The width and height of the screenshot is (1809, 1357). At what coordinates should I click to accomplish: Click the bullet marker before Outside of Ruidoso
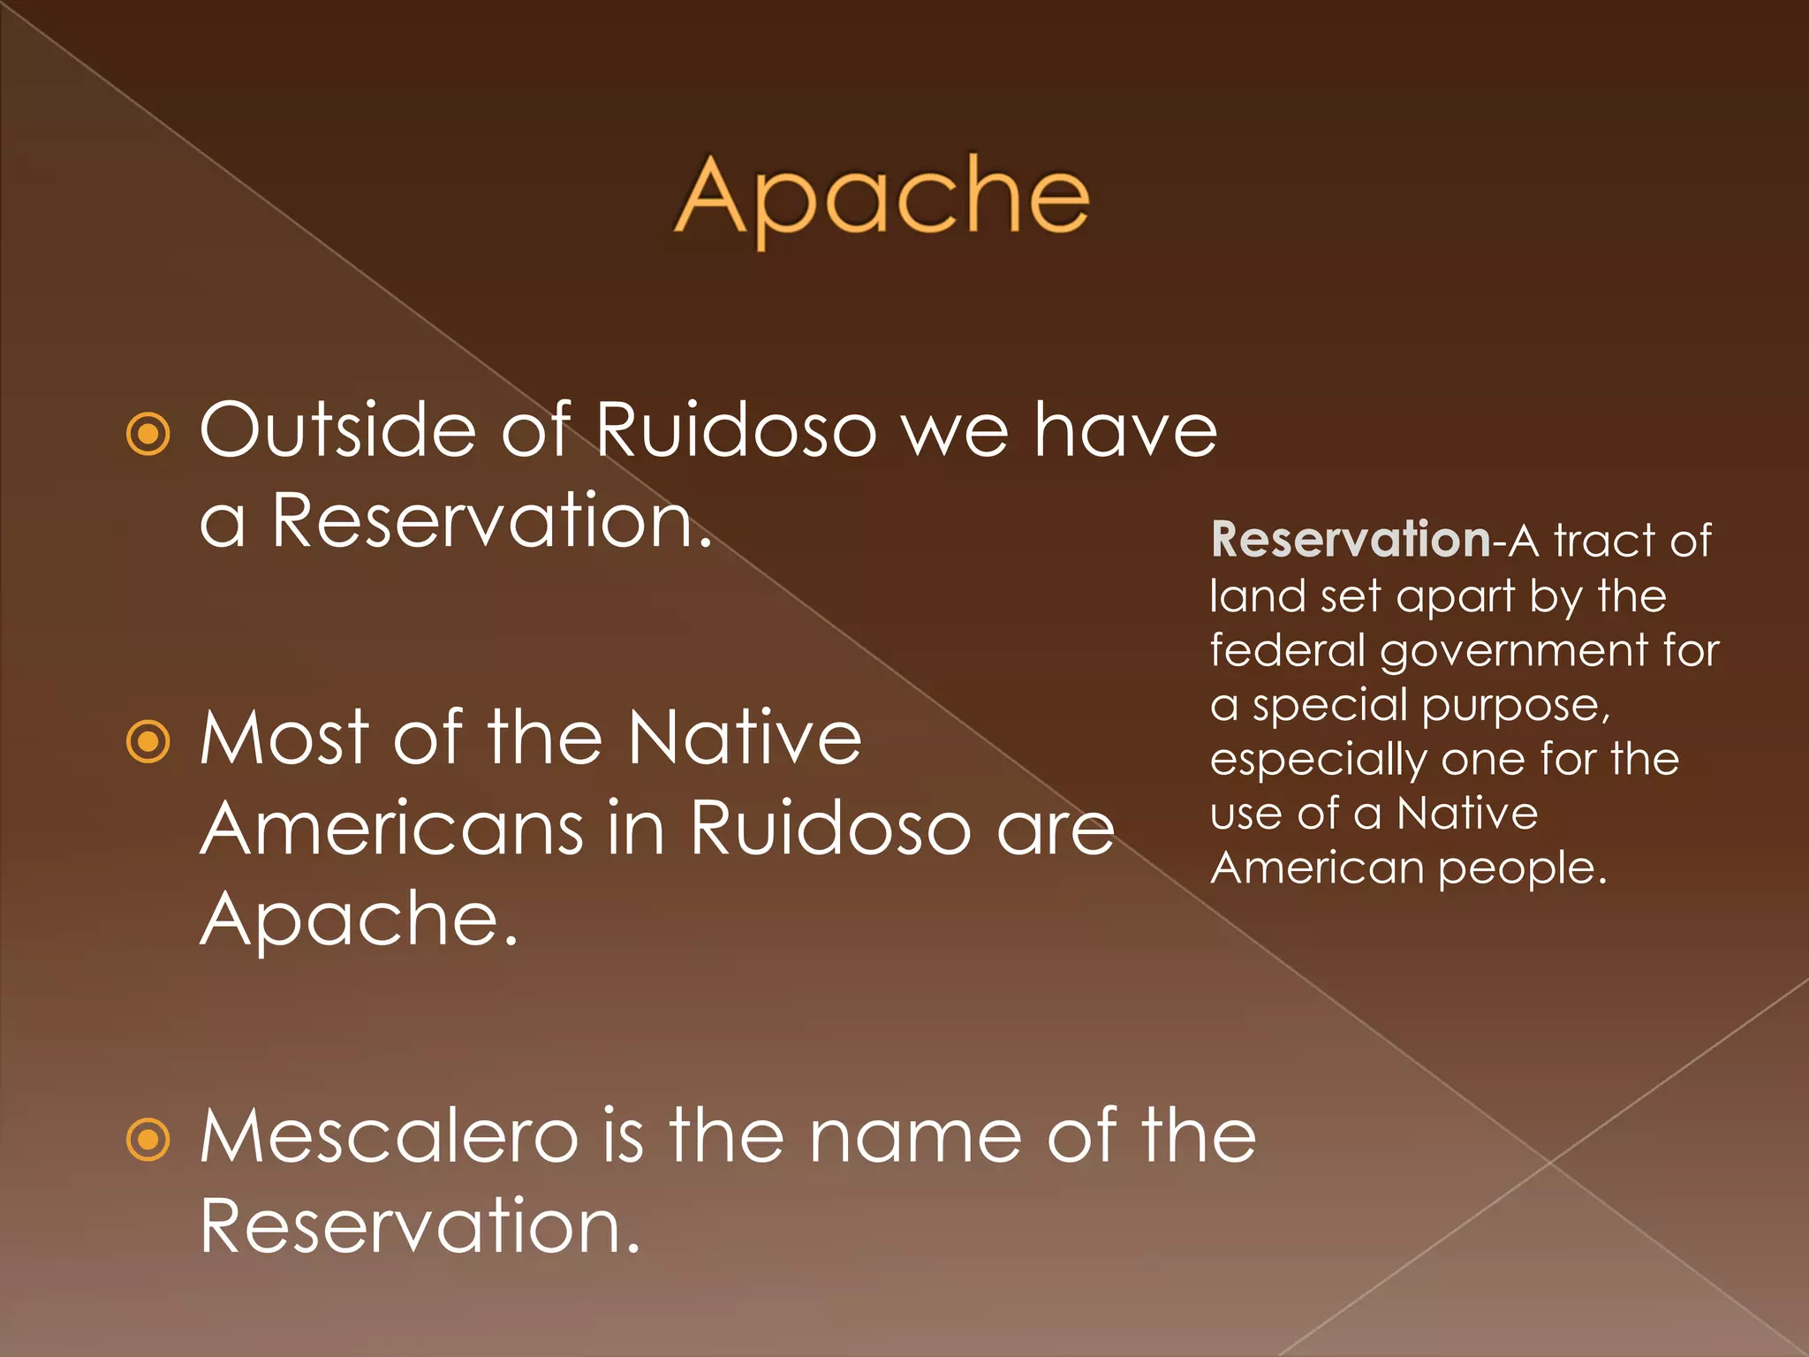tap(148, 434)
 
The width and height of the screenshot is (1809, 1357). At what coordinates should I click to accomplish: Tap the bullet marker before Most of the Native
tap(148, 741)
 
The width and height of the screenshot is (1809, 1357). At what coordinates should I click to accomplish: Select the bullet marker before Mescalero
tap(148, 1139)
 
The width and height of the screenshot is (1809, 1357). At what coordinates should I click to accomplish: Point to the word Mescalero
tap(389, 1137)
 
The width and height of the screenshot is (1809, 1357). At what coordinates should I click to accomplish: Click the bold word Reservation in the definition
tap(1351, 540)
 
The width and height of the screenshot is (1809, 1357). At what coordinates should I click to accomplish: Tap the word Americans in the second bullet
tap(391, 829)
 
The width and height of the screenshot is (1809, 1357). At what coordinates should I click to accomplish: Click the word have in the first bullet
tap(1125, 430)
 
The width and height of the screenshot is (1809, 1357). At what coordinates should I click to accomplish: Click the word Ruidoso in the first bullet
tap(736, 430)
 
